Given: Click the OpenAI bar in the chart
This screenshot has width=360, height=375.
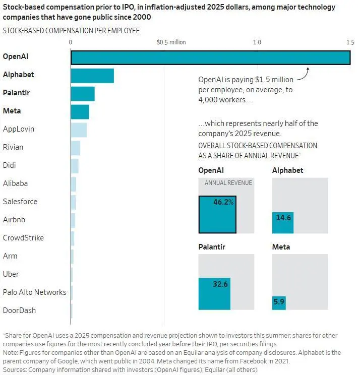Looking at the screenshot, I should coord(210,57).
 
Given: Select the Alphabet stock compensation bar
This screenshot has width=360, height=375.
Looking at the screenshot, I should coord(92,76).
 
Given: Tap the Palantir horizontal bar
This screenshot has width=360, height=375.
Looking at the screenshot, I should coord(83,94).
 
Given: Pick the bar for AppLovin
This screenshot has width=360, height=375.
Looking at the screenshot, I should coord(79,130).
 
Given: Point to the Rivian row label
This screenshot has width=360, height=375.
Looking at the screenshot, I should coord(13,147).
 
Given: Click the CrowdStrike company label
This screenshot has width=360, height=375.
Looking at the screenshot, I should coord(23,238).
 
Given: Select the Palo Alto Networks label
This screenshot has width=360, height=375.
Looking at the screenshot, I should coord(34,292).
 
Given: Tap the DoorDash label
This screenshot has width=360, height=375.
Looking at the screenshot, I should coord(19,310).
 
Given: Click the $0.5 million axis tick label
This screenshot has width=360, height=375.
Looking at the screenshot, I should coord(171,42).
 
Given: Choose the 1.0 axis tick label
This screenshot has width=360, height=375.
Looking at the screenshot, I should coord(257,42).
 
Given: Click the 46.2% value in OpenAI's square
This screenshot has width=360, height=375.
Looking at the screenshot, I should coord(223,202).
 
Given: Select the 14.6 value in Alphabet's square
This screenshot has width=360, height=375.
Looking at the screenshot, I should coord(284,218).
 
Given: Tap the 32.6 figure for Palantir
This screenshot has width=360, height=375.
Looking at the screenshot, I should coord(220,284).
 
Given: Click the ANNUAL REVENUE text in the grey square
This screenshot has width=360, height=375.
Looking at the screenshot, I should coord(228,183).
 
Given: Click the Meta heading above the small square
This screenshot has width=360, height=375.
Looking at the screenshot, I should coord(281,247).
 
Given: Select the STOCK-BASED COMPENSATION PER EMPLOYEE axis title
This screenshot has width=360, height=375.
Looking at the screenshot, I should coord(71,31).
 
